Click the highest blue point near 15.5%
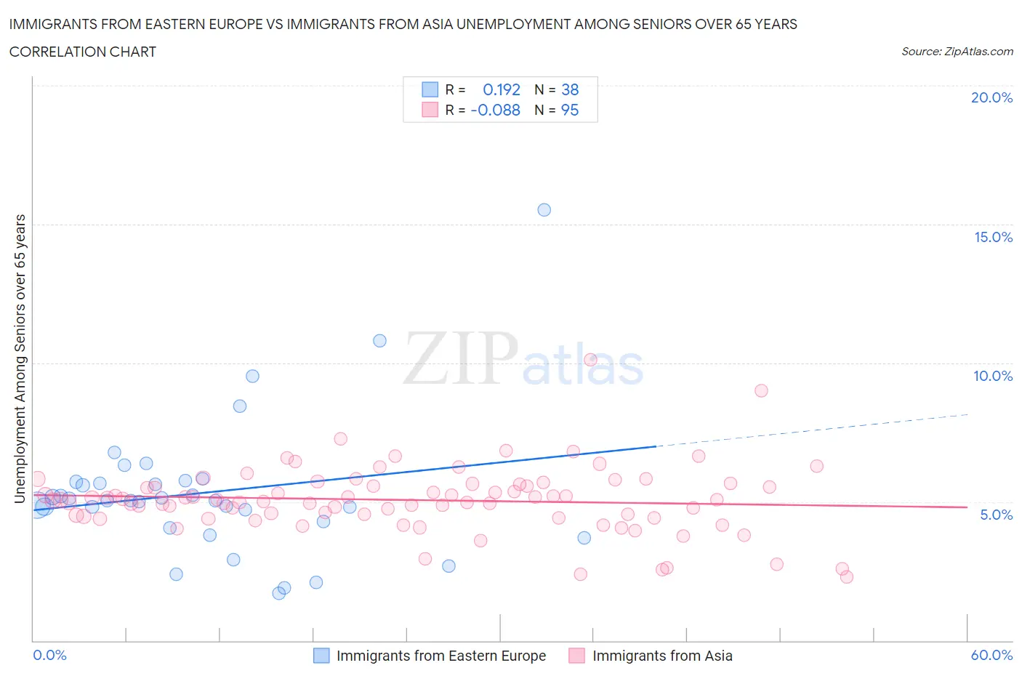click(x=544, y=210)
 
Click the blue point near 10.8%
click(x=379, y=340)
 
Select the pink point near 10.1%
click(x=590, y=360)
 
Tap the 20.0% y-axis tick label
click(x=991, y=97)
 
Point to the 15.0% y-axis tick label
click(x=993, y=237)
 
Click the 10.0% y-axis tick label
click(x=993, y=376)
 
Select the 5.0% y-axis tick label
click(x=996, y=515)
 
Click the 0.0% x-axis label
click(x=49, y=655)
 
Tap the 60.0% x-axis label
click(x=991, y=655)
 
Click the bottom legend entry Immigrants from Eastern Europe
click(x=440, y=656)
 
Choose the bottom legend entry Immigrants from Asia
click(x=661, y=656)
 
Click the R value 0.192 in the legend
click(x=502, y=89)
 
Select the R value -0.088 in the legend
click(x=496, y=110)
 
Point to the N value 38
click(x=570, y=89)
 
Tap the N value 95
click(x=570, y=110)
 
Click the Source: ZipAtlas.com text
click(x=957, y=52)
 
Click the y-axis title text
click(x=20, y=358)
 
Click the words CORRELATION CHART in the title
click(x=83, y=52)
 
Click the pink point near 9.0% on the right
click(x=761, y=390)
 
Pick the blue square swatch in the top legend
click(x=430, y=89)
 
